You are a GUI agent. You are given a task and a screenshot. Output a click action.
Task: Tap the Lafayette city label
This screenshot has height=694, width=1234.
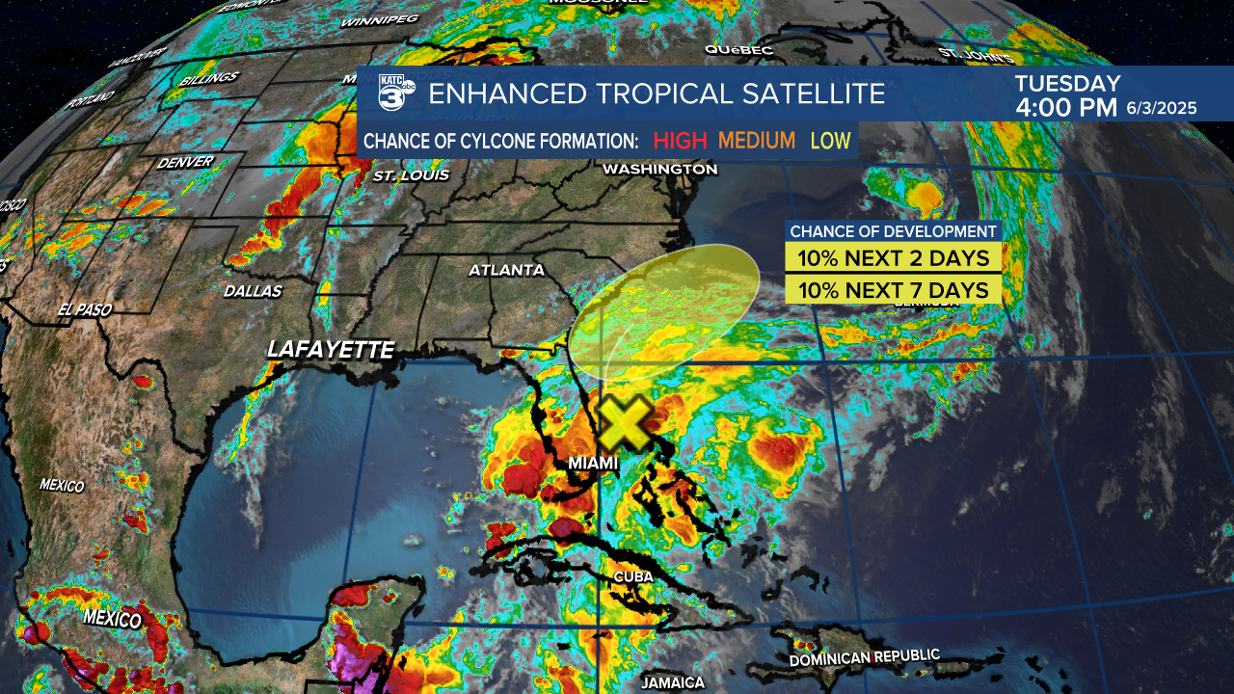[330, 350]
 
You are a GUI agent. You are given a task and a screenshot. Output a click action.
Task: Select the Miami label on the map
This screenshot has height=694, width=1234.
[593, 464]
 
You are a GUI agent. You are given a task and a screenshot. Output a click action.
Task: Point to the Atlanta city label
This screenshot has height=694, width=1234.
[506, 270]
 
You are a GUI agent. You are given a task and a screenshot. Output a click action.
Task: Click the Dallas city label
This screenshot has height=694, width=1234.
[253, 290]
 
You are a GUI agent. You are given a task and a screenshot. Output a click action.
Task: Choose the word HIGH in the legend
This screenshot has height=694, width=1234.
[680, 141]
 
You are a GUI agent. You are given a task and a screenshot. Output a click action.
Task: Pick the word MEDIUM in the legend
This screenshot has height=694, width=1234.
[756, 141]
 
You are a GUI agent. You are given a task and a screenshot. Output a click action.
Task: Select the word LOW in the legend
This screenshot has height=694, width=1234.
[830, 141]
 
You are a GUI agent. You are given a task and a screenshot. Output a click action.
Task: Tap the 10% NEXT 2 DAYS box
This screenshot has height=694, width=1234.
[894, 258]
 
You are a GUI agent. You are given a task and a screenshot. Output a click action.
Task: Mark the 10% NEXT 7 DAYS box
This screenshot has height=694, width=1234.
[894, 290]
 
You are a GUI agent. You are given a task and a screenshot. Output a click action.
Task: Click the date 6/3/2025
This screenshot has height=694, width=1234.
[1162, 109]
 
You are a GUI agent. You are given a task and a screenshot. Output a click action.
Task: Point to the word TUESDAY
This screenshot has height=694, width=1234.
[1067, 84]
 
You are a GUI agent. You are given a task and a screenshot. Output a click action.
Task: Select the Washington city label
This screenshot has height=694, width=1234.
[659, 170]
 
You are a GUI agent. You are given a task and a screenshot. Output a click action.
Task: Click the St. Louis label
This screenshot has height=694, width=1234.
[411, 175]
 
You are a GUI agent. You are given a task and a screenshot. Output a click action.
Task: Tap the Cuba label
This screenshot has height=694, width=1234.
[633, 576]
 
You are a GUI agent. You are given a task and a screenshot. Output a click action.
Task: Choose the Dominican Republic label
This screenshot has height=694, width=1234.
[864, 658]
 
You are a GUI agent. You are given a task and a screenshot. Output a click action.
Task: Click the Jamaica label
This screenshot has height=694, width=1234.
[672, 682]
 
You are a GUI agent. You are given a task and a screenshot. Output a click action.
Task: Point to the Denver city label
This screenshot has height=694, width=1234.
[184, 162]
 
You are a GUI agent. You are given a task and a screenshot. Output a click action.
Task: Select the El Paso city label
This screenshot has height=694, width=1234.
[85, 310]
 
